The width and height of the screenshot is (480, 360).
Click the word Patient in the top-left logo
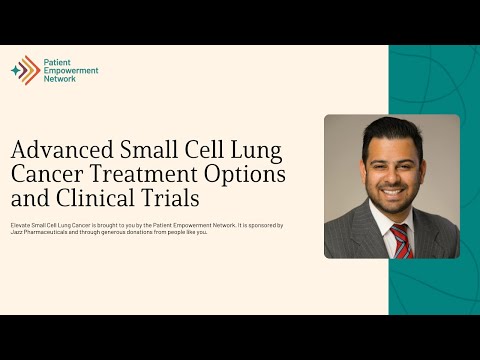pos(56,62)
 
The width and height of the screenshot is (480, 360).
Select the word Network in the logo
pos(59,78)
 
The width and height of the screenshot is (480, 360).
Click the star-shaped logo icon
pos(25,70)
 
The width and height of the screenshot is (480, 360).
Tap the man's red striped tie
pos(401,240)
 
